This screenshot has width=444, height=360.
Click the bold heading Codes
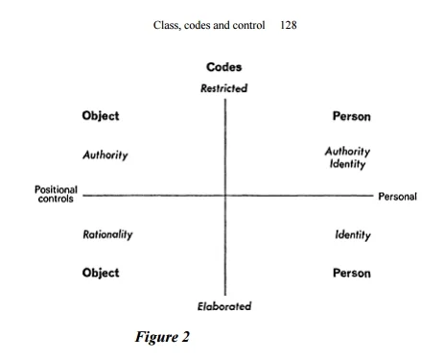[224, 68]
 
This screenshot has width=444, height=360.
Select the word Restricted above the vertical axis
[223, 88]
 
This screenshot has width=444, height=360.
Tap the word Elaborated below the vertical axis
[224, 306]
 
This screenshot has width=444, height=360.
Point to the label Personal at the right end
[397, 197]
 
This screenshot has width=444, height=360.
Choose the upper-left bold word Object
[101, 117]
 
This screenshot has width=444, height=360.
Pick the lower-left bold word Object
[101, 273]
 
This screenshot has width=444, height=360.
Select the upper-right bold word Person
[351, 117]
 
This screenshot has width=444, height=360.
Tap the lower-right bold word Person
[351, 273]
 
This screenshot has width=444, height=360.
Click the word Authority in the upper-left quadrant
[105, 154]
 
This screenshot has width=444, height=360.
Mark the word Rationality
[107, 233]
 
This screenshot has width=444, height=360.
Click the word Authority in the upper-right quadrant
[348, 151]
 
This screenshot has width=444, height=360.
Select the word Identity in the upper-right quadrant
[348, 164]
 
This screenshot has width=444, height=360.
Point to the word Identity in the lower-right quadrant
[353, 233]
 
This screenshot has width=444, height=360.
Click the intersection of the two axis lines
[225, 196]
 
